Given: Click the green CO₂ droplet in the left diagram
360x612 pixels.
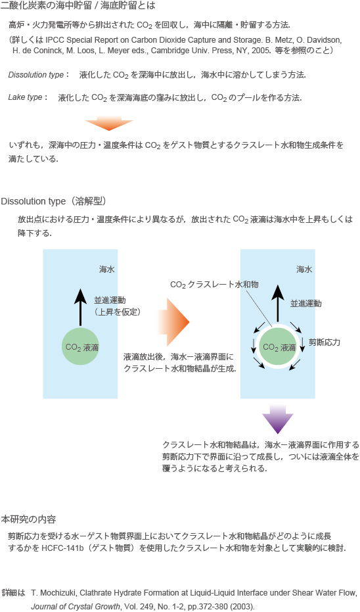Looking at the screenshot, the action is point(80,346).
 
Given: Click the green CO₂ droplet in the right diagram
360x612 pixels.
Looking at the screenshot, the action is point(278,346).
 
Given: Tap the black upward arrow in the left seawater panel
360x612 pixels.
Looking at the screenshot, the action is point(80,307).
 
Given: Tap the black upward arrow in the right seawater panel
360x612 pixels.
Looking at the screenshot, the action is point(278,304).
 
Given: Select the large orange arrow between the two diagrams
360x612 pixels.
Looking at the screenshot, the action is point(173,322).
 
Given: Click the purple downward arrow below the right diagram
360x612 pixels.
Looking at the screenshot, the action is point(277,419).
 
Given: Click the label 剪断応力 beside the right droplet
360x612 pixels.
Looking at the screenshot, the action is point(324,342).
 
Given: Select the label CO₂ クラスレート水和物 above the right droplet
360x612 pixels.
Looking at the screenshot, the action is point(214,285).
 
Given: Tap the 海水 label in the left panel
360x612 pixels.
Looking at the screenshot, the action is point(107,270).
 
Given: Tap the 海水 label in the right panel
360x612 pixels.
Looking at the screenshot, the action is point(304,270).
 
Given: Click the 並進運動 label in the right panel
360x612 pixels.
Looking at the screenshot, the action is point(305,304).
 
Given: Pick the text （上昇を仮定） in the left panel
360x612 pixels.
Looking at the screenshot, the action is point(118,312).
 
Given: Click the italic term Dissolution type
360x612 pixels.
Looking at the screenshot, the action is point(36,75).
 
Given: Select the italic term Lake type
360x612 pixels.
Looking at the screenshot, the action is point(26,97).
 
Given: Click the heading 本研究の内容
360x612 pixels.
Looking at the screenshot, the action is point(28,519).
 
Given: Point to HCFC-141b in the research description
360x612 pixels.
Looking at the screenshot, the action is point(63,548).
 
